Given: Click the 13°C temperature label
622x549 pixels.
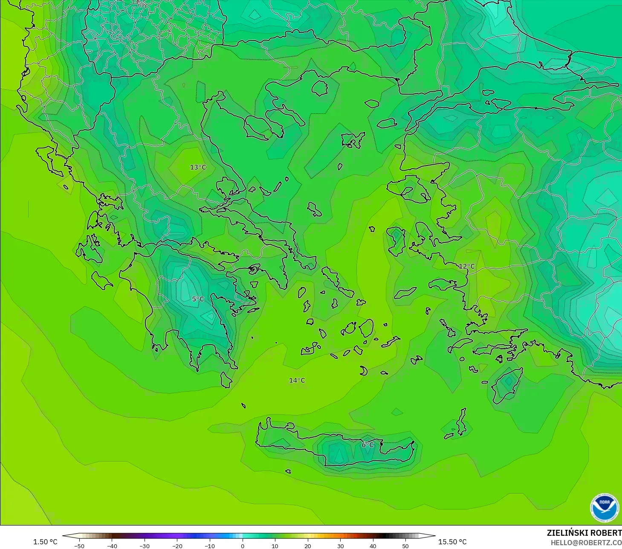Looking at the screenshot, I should point(198,167).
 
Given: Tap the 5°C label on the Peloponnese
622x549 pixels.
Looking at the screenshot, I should point(198,299).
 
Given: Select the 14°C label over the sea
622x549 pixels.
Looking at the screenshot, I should point(297,381).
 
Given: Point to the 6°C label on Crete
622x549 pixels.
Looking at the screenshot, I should point(367,445).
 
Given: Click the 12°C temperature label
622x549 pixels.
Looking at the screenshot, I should point(466,266).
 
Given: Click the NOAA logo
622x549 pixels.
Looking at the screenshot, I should point(604,507).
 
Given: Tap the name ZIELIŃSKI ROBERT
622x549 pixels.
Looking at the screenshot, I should point(584,533).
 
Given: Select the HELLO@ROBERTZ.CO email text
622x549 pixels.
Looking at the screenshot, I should point(586,543).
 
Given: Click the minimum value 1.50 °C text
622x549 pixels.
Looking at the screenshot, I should point(45,542).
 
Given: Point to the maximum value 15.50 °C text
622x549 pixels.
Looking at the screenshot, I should point(452,542).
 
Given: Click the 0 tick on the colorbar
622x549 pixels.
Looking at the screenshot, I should point(242,546).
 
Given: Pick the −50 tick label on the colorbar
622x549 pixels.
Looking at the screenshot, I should point(79,546).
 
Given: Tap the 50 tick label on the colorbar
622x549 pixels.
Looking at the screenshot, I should point(405,546).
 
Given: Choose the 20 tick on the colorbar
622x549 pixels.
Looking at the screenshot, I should point(307,546).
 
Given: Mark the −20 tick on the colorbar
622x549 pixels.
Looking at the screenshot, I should point(177,546).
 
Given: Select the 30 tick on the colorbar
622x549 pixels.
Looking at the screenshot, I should point(340,546).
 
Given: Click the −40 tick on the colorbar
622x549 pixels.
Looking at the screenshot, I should point(112,546).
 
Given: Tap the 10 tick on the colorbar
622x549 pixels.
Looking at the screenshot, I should point(275,546).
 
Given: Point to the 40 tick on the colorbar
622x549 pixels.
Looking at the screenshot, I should point(373,546).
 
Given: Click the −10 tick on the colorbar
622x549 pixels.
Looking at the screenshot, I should point(209,546).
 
